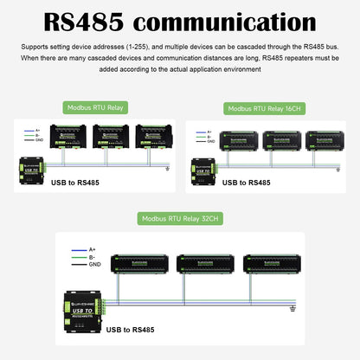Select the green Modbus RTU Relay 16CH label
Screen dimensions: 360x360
[271, 109]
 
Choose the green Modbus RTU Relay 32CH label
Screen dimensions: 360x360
[180, 221]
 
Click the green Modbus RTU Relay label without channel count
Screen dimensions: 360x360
[93, 108]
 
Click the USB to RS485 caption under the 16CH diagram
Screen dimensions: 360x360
[247, 183]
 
